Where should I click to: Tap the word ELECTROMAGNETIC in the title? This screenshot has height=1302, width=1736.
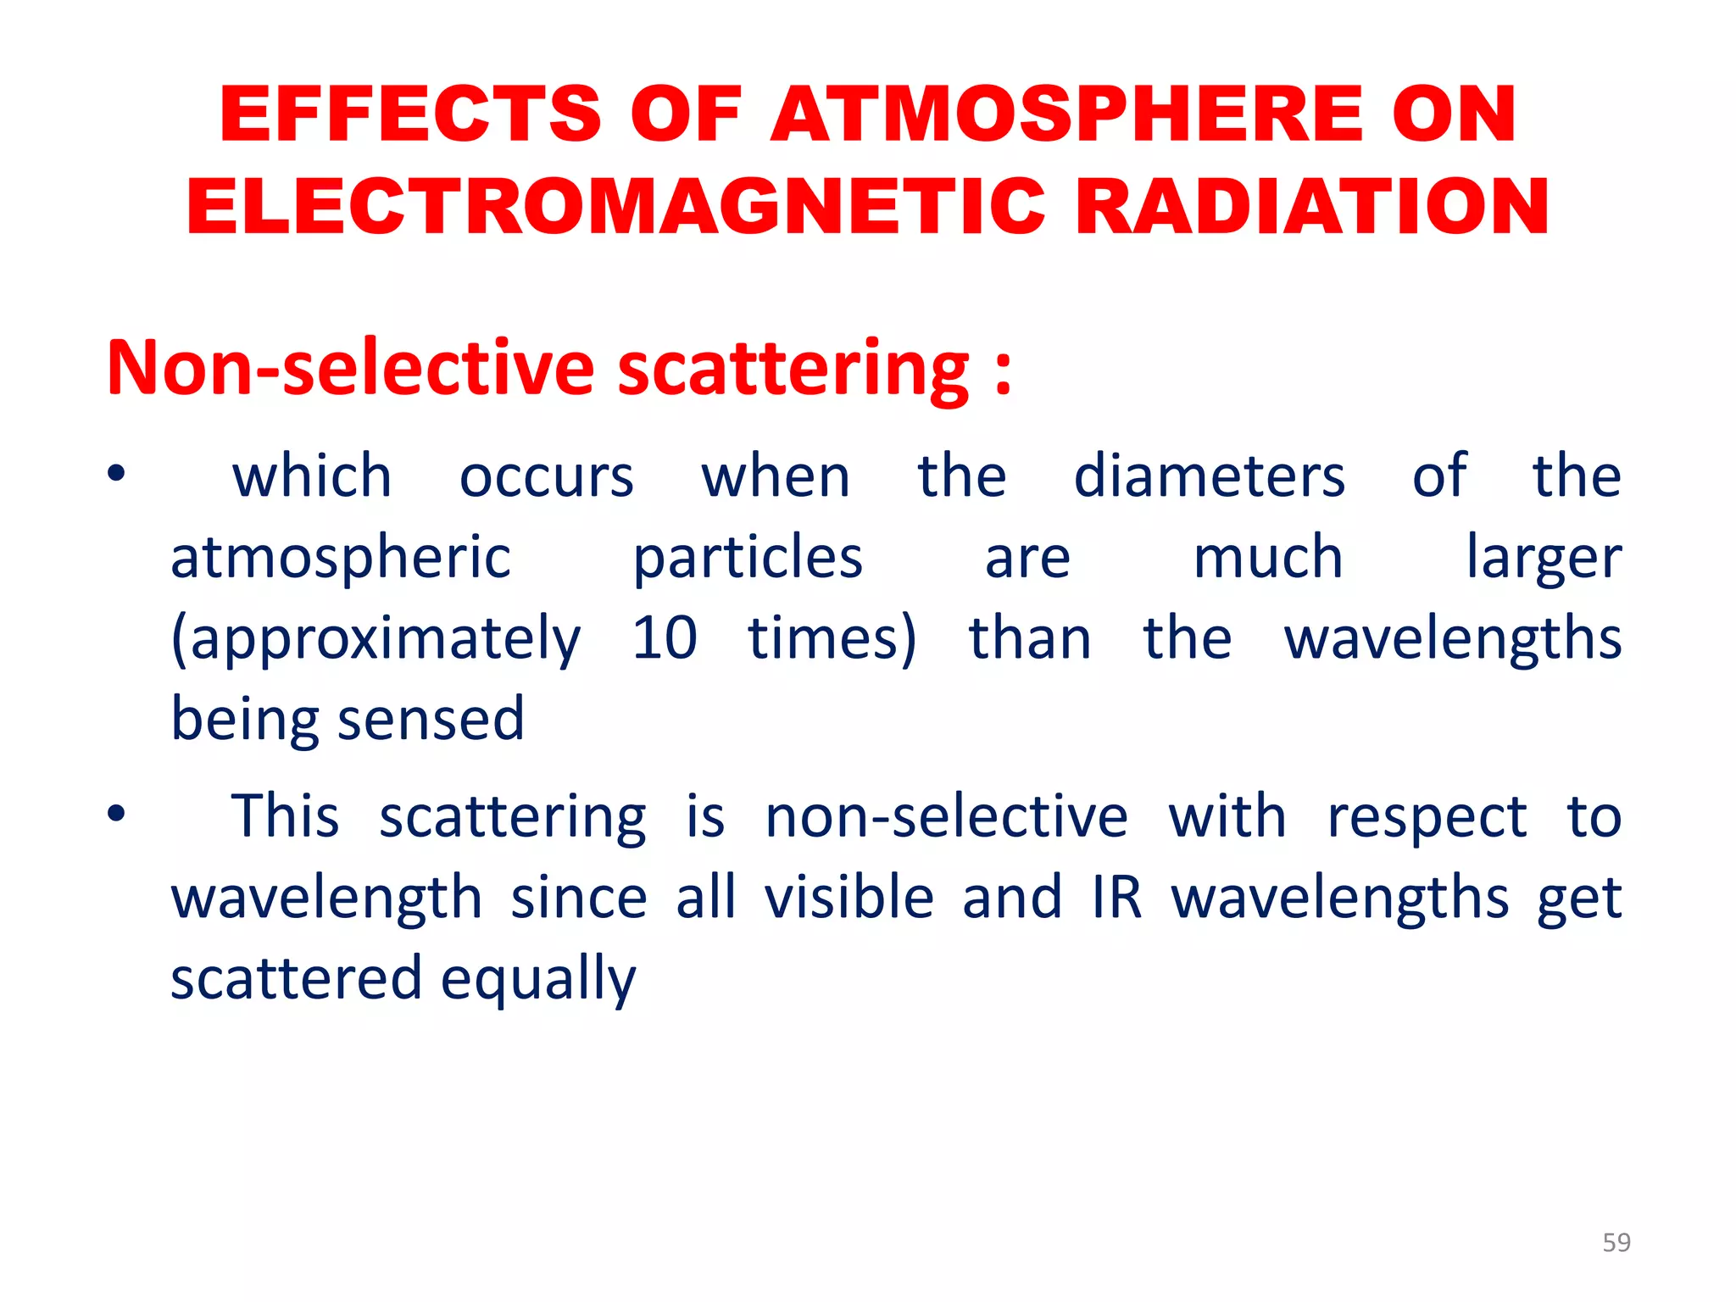pyautogui.click(x=615, y=208)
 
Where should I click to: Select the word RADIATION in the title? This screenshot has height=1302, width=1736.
pyautogui.click(x=1312, y=208)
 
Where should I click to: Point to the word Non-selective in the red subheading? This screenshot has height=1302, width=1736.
pyautogui.click(x=351, y=368)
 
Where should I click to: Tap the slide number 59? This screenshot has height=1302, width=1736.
pyautogui.click(x=1616, y=1243)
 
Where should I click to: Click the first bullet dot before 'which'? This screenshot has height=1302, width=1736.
pyautogui.click(x=116, y=473)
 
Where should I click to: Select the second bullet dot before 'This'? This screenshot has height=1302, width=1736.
pyautogui.click(x=116, y=815)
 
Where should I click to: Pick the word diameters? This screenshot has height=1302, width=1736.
pyautogui.click(x=1209, y=476)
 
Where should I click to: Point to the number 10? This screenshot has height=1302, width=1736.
pyautogui.click(x=665, y=638)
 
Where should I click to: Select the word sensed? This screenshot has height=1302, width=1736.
pyautogui.click(x=431, y=720)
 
